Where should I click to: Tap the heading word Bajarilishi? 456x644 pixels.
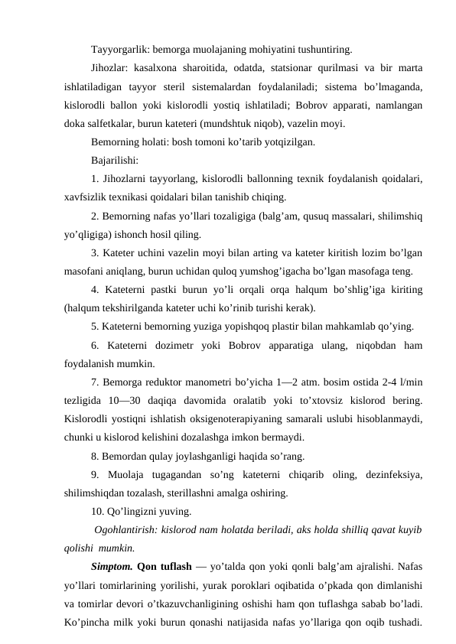(114, 161)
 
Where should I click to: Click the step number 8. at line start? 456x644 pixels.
(94, 457)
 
